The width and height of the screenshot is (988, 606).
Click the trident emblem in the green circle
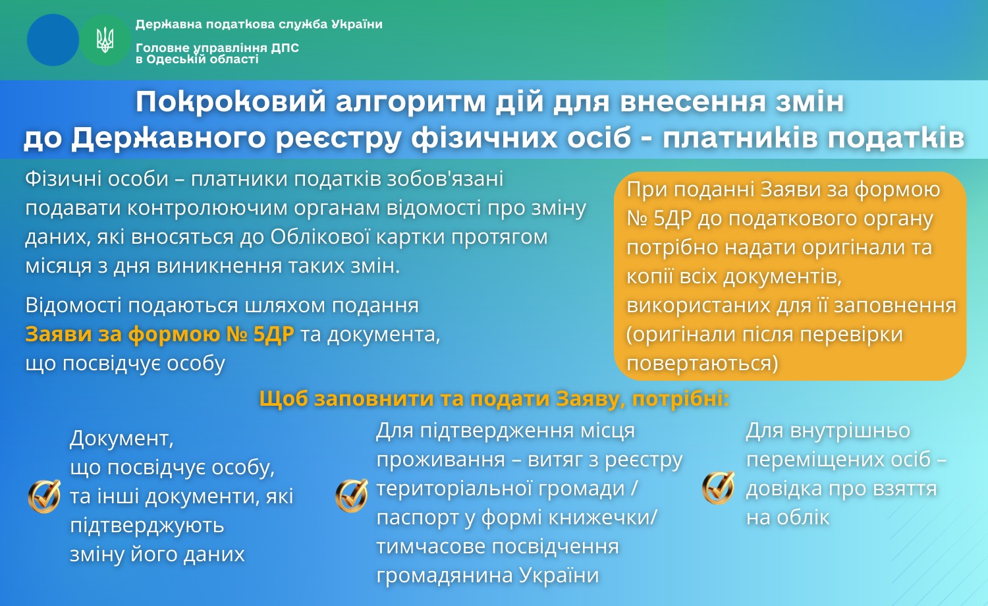pyautogui.click(x=105, y=40)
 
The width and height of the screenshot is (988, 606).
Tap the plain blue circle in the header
pyautogui.click(x=53, y=40)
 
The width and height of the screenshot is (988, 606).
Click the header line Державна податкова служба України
pyautogui.click(x=259, y=24)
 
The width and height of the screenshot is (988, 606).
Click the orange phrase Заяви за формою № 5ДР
pyautogui.click(x=159, y=335)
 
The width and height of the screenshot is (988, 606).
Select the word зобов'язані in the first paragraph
pyautogui.click(x=445, y=179)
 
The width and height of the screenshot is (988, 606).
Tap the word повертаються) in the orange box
pyautogui.click(x=702, y=364)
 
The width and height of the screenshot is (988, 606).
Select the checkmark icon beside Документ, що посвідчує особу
pyautogui.click(x=44, y=496)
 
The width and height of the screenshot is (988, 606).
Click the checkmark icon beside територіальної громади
pyautogui.click(x=352, y=495)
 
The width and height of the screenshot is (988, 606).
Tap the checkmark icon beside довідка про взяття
pyautogui.click(x=719, y=488)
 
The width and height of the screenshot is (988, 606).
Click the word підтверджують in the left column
pyautogui.click(x=148, y=526)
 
